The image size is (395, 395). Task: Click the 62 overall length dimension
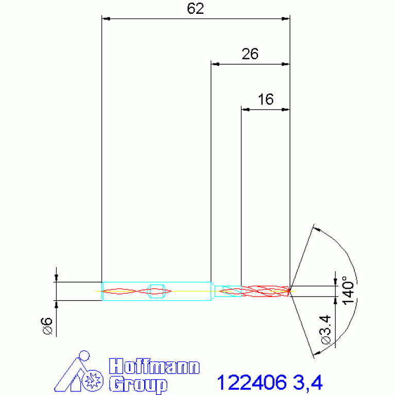pos(195,9)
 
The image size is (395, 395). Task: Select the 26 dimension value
pos(250,54)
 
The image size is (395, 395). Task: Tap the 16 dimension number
pos(266,99)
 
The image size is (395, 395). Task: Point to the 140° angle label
pos(348,290)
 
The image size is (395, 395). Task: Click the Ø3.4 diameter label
pos(325,329)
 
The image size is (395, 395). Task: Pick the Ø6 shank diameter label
pos(46,326)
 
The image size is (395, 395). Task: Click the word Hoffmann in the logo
pos(154,366)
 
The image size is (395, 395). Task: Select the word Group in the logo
pos(139,384)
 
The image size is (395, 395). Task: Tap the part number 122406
pos(252,382)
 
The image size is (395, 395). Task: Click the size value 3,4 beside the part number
pos(308,383)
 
